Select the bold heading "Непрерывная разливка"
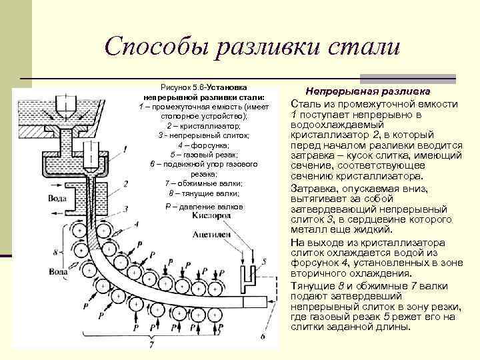[367, 91]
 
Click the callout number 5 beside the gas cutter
[265, 261]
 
